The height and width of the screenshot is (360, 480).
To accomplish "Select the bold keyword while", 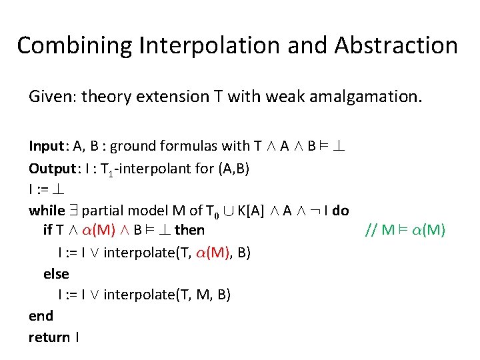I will click(47, 211).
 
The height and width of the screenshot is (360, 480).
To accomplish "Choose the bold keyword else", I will click(56, 273).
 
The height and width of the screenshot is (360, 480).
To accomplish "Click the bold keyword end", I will click(41, 315).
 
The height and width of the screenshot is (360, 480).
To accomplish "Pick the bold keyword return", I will click(49, 337).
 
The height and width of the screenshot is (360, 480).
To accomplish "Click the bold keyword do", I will click(340, 211).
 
